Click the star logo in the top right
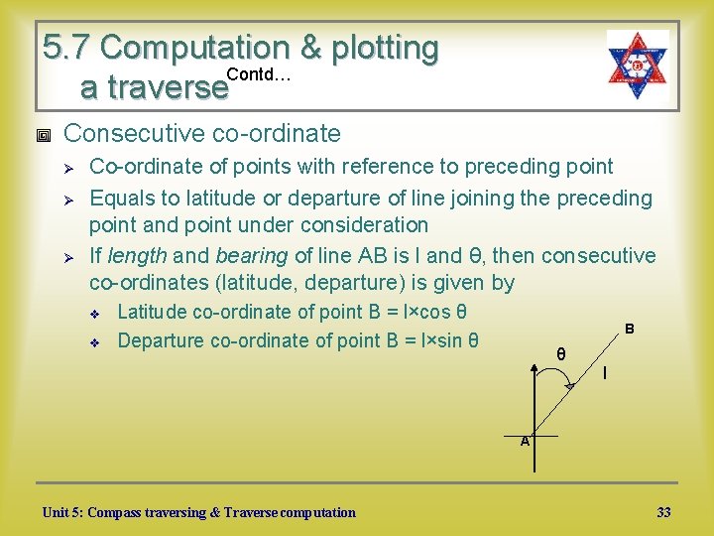(x=638, y=65)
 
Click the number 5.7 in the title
(x=68, y=47)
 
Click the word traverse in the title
(x=153, y=88)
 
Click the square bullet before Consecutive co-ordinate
(x=42, y=134)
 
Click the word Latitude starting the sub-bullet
(x=152, y=312)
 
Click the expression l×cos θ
(x=433, y=312)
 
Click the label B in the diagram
(x=629, y=329)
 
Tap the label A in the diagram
(x=526, y=441)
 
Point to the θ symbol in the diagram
(x=561, y=354)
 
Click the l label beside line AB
(x=605, y=374)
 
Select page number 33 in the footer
(x=663, y=512)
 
